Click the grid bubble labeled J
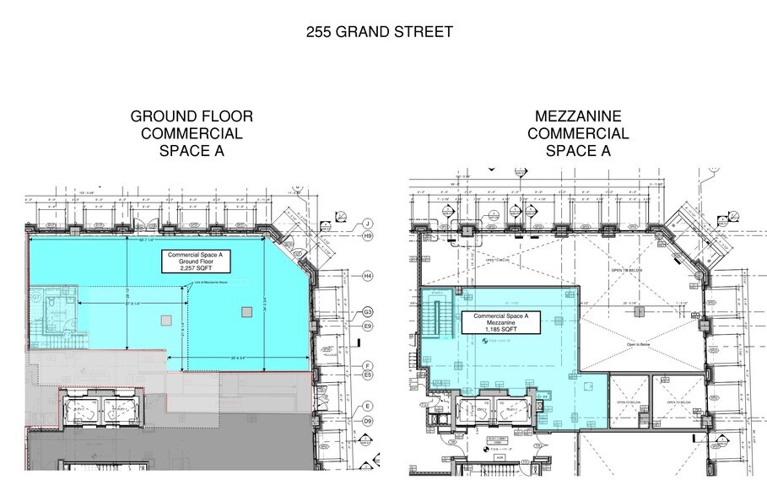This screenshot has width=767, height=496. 367,224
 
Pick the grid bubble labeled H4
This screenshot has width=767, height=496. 367,276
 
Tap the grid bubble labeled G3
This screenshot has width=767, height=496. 367,312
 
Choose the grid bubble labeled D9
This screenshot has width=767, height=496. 367,420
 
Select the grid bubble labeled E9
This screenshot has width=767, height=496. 367,326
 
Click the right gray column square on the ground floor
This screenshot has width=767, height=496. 246,312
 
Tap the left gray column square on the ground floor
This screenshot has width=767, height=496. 165,320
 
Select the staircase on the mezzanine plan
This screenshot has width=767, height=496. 436,321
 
